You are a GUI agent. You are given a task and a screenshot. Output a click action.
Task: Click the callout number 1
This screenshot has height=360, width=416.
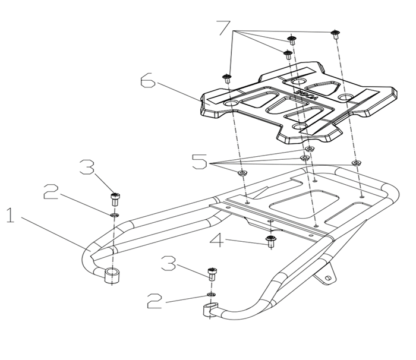(10, 216)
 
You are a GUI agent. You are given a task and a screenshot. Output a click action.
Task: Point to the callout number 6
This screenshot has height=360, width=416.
(149, 81)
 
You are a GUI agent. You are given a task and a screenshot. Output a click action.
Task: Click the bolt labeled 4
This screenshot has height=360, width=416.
(272, 240)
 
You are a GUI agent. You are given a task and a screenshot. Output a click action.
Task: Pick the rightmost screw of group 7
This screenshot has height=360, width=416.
(335, 34)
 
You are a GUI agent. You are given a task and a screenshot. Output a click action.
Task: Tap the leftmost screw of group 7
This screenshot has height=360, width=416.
(226, 78)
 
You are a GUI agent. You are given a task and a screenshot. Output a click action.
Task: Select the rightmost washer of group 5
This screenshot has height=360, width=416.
(356, 162)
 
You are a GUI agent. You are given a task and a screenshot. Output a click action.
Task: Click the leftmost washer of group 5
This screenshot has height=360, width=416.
(241, 173)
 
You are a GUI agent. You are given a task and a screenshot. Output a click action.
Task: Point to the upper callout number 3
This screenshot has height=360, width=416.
(88, 167)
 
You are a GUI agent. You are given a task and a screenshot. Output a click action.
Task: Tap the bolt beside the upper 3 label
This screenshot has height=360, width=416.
(114, 197)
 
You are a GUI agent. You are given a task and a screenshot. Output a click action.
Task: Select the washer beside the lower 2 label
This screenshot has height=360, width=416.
(211, 294)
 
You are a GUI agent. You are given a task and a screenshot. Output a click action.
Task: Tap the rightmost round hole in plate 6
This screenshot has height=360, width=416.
(345, 96)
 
